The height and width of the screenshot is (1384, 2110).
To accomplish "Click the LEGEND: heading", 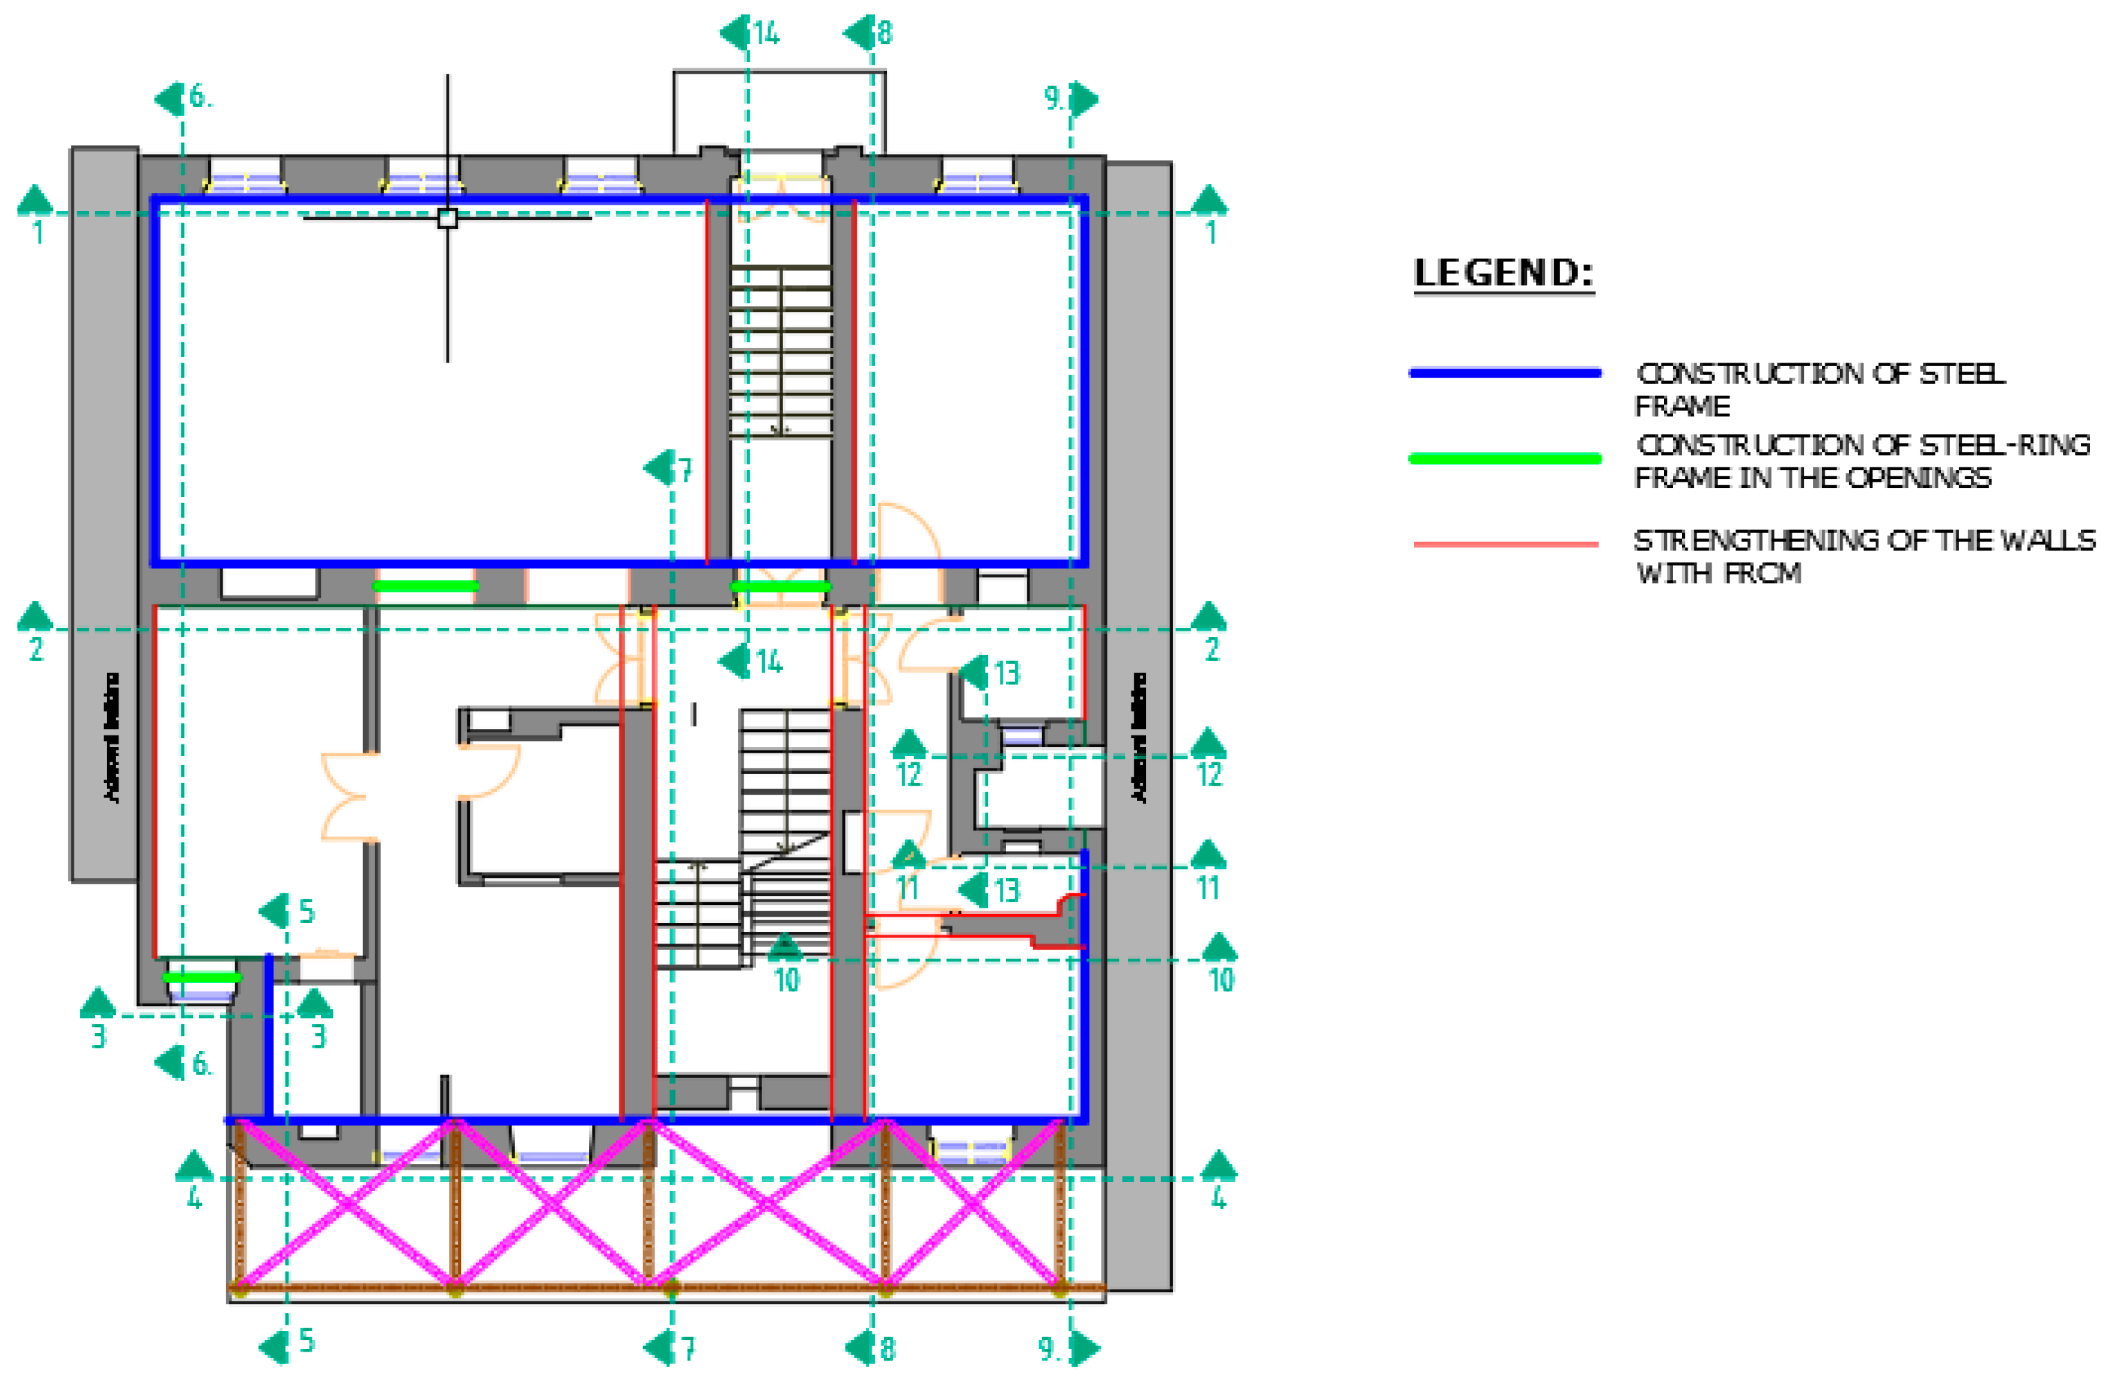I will click(x=1504, y=273).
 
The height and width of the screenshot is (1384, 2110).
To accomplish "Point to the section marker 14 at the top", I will click(x=766, y=34).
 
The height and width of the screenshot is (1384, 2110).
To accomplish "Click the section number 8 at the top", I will click(x=885, y=34).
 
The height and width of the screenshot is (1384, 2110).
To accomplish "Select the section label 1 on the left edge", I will click(x=37, y=233).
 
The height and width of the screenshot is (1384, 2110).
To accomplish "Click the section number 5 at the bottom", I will click(x=307, y=1340).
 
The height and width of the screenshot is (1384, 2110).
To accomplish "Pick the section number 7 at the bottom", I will click(x=688, y=1349).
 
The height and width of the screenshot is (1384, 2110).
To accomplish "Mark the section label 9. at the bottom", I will click(x=1051, y=1349).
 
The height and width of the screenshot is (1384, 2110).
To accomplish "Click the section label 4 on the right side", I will click(x=1218, y=1199).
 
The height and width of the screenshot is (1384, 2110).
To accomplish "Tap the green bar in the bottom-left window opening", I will click(x=201, y=977).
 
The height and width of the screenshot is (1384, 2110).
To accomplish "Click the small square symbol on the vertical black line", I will click(x=448, y=218).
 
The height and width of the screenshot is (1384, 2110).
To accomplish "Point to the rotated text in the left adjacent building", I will click(x=112, y=737).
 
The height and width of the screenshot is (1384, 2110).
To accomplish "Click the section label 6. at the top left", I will click(x=201, y=96).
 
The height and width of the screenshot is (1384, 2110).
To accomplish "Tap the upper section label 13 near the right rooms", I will click(x=1006, y=674).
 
